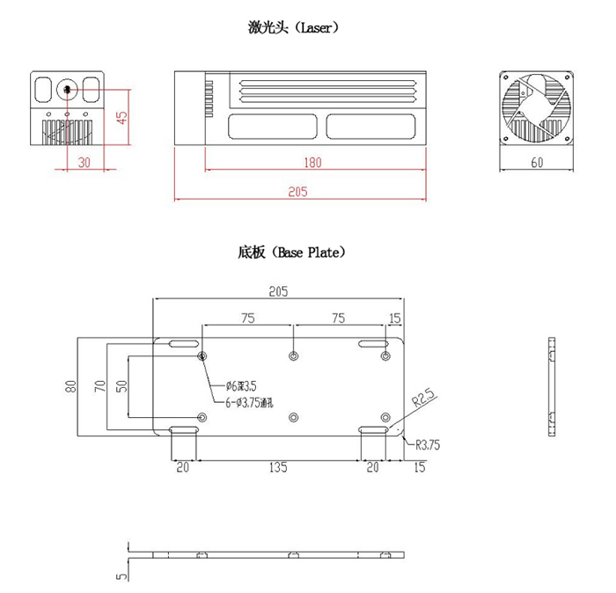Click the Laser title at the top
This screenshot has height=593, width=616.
294,27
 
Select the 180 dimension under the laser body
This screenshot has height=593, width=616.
312,162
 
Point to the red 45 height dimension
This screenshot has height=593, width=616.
122,116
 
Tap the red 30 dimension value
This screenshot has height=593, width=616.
84,162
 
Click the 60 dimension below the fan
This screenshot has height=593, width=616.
536,162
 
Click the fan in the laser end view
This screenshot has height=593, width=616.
536,108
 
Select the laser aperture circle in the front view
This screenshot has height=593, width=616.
68,89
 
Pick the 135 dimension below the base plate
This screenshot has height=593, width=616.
278,467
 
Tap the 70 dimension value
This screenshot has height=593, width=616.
101,385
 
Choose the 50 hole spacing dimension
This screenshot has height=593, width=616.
121,385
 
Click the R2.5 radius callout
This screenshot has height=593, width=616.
425,399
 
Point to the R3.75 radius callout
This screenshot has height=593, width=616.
427,445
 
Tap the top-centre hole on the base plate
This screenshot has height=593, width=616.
294,355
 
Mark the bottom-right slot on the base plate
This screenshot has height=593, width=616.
373,429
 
